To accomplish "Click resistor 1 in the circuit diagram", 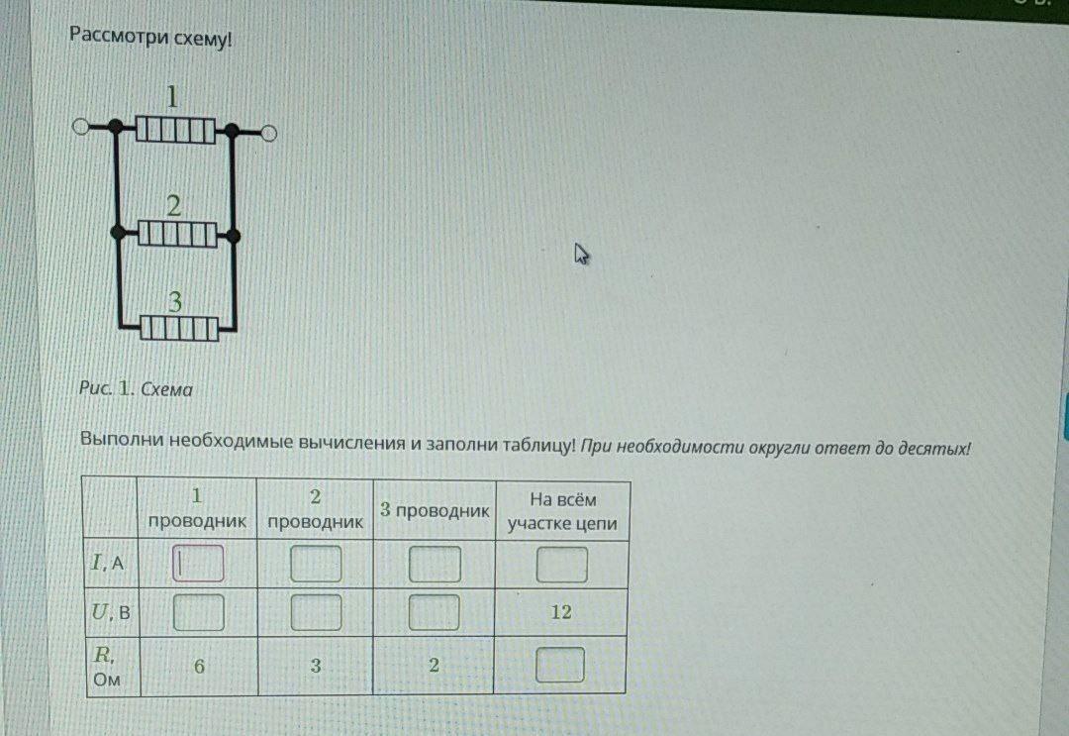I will tap(175, 130).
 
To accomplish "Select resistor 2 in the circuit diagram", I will tap(176, 235).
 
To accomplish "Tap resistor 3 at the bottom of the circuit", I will tap(178, 327).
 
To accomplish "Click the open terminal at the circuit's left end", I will tap(80, 127).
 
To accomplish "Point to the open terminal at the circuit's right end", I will tap(268, 132).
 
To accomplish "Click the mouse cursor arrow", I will tap(581, 255).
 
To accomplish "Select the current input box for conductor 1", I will tap(198, 564).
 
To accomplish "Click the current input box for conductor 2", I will tap(316, 564).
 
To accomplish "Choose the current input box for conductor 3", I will tap(435, 564).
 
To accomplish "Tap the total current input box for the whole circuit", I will tap(561, 565).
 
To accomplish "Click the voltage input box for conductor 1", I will tap(198, 612).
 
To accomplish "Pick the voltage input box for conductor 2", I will tap(316, 612).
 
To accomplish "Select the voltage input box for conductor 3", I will tap(435, 612).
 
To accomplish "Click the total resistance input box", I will tap(560, 665).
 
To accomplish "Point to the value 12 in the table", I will tap(561, 612).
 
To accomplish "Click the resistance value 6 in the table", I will tap(199, 666).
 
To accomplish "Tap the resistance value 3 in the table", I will tap(316, 666).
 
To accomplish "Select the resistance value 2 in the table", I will tap(434, 666).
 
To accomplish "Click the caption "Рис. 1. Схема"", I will tap(136, 389).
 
